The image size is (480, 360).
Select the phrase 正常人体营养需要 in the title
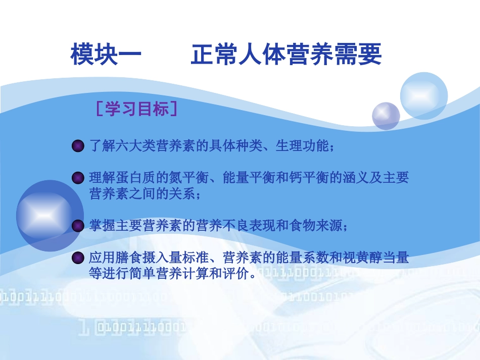click(x=286, y=55)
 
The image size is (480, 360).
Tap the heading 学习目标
click(x=137, y=109)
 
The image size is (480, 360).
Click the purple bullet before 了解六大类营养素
click(x=78, y=147)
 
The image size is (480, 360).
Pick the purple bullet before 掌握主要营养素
click(x=78, y=226)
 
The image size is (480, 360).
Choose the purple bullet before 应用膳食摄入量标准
click(x=78, y=259)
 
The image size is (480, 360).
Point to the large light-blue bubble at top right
click(x=423, y=95)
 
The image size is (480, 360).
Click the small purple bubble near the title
click(x=386, y=116)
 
